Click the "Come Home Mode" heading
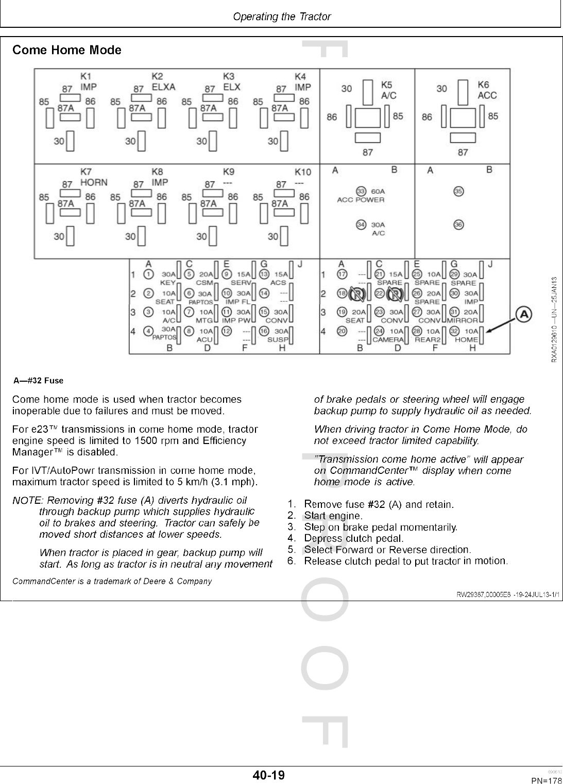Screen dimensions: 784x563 click(x=67, y=50)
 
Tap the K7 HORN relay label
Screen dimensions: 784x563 click(x=93, y=177)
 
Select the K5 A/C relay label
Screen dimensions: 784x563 click(x=388, y=90)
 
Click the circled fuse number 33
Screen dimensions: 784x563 click(x=361, y=191)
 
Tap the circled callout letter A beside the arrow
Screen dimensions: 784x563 click(x=524, y=313)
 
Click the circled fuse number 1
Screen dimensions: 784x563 click(x=148, y=274)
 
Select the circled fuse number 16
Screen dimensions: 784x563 click(x=264, y=331)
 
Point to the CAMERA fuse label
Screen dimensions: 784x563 click(x=388, y=339)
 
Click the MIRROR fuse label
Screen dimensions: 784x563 click(x=462, y=320)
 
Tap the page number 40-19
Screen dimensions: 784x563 click(x=268, y=775)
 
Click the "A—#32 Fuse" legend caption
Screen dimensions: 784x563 click(x=39, y=381)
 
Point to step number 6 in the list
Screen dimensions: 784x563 click(x=292, y=560)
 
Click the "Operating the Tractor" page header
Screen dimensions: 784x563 click(x=282, y=16)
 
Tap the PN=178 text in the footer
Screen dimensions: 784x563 click(x=546, y=780)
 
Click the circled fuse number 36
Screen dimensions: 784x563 click(x=458, y=225)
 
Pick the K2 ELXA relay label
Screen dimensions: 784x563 click(x=163, y=81)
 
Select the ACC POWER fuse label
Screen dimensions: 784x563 click(x=361, y=200)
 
